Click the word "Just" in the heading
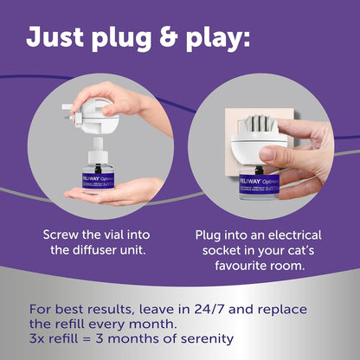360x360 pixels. [x=55, y=36]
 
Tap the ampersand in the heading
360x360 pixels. [x=167, y=36]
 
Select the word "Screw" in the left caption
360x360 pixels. [x=61, y=235]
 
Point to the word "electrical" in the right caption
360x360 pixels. [x=294, y=235]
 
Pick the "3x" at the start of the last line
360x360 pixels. [x=36, y=338]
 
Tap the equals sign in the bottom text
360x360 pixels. [x=87, y=339]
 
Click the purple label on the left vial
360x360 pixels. [x=98, y=181]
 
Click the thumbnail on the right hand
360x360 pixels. [x=267, y=154]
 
